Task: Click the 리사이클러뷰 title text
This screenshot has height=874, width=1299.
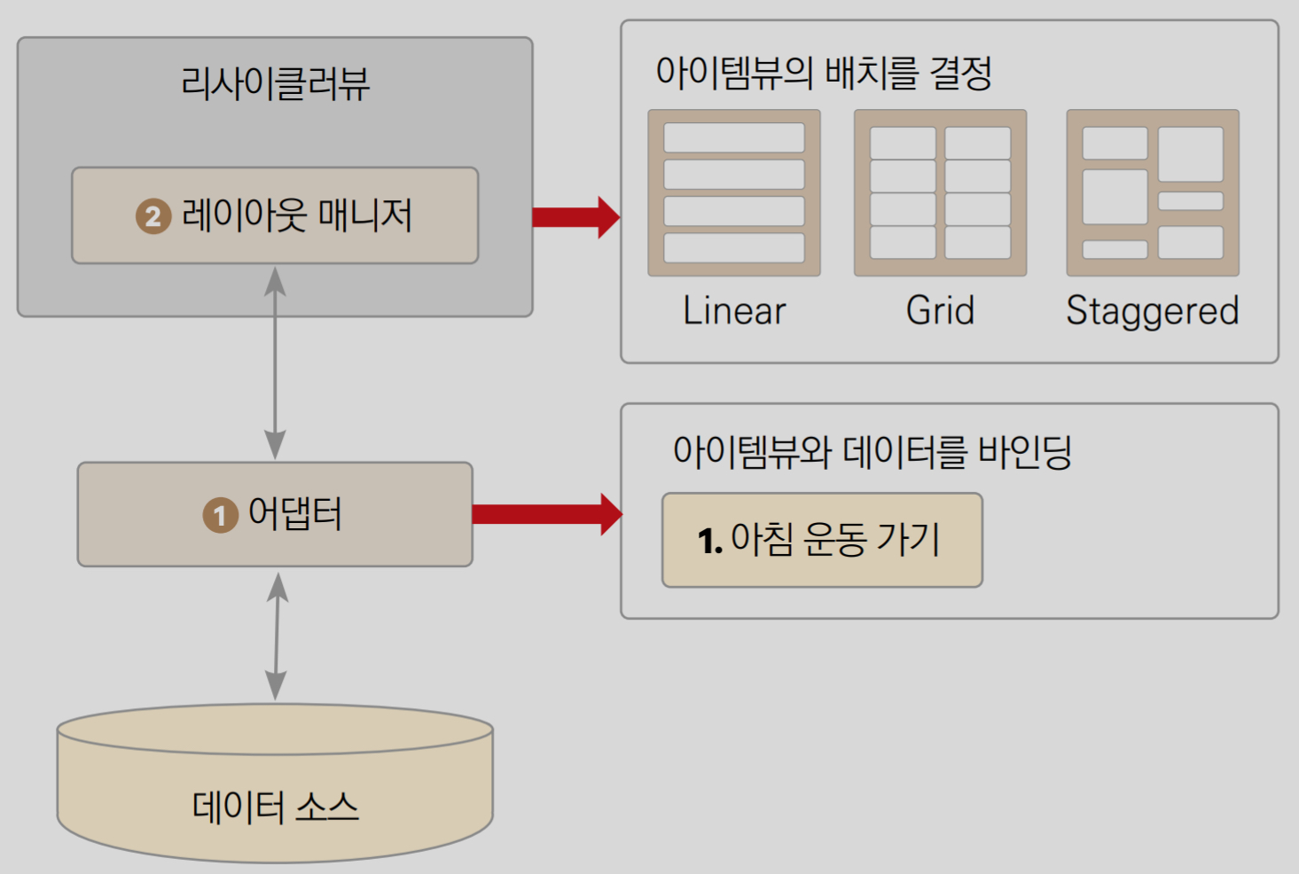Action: click(275, 84)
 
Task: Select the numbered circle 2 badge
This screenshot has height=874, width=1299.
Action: click(153, 216)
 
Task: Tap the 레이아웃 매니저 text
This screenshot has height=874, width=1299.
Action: click(297, 215)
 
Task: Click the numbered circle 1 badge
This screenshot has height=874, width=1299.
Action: click(220, 515)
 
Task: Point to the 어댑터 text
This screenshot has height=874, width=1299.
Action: click(295, 513)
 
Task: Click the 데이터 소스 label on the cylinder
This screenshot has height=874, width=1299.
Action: click(275, 807)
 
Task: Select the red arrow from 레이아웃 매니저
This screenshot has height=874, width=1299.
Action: click(575, 217)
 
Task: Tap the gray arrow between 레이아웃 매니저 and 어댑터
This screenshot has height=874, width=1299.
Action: click(275, 363)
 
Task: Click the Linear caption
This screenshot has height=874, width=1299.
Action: click(734, 311)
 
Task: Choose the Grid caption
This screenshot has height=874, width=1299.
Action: click(940, 311)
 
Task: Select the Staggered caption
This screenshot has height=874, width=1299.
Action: click(1152, 311)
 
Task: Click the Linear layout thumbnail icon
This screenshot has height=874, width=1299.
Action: click(734, 193)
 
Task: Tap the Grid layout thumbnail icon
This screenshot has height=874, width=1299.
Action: click(940, 193)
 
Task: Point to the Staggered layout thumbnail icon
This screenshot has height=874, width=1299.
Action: click(1153, 193)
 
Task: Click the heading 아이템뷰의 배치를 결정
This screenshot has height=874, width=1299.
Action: click(823, 73)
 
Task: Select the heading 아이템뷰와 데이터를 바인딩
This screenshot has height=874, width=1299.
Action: click(873, 452)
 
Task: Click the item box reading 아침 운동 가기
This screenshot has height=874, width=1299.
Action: click(822, 540)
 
